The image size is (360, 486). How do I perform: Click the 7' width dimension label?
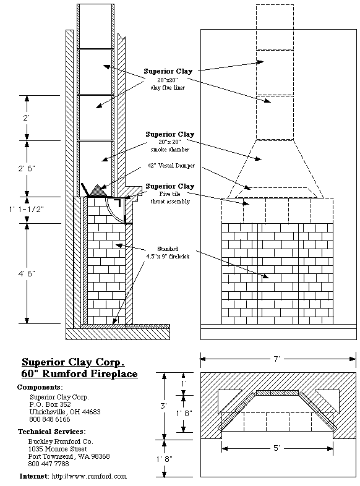pyautogui.click(x=276, y=359)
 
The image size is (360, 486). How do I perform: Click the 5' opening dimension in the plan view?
pyautogui.click(x=276, y=448)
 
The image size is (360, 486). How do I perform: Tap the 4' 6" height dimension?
pyautogui.click(x=27, y=273)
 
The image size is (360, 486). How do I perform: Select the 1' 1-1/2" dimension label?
pyautogui.click(x=27, y=209)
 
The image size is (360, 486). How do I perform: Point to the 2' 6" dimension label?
pyautogui.click(x=27, y=168)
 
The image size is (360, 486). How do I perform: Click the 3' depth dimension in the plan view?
pyautogui.click(x=164, y=406)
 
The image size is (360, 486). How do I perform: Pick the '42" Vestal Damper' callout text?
pyautogui.click(x=171, y=166)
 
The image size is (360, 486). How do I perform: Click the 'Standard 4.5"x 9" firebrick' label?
pyautogui.click(x=168, y=253)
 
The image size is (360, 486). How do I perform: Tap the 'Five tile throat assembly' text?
pyautogui.click(x=170, y=198)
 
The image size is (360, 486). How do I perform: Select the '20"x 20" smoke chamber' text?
pyautogui.click(x=169, y=146)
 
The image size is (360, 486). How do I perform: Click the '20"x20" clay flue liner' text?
pyautogui.click(x=168, y=84)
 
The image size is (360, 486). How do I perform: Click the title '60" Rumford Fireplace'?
pyautogui.click(x=79, y=374)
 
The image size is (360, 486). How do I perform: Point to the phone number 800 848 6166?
pyautogui.click(x=49, y=419)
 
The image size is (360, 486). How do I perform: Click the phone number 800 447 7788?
pyautogui.click(x=48, y=464)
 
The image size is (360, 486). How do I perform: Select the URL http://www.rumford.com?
pyautogui.click(x=89, y=476)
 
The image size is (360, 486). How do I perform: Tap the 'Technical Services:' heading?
pyautogui.click(x=52, y=432)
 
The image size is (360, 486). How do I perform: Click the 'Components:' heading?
pyautogui.click(x=40, y=388)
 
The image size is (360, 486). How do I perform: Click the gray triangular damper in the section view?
pyautogui.click(x=98, y=190)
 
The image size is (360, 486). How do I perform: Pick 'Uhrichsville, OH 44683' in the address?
pyautogui.click(x=65, y=412)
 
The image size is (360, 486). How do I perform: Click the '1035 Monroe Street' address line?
pyautogui.click(x=58, y=449)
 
